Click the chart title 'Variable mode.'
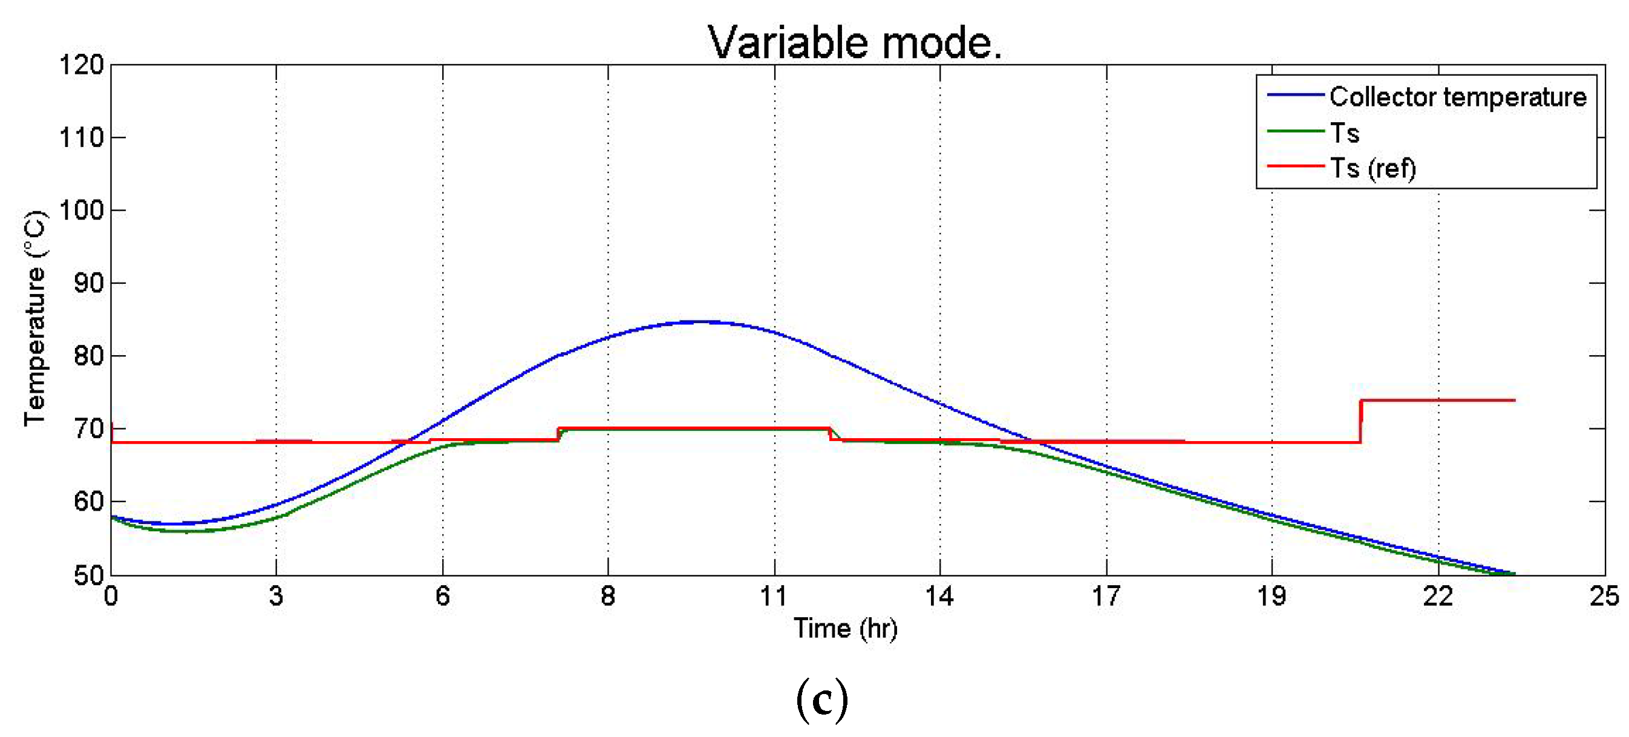tap(854, 43)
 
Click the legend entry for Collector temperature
tap(1458, 97)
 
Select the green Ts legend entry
tap(1345, 133)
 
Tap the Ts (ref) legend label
tap(1373, 168)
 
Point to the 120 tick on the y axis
tap(81, 65)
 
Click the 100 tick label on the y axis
tap(81, 210)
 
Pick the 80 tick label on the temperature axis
tap(88, 356)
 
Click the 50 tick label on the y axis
tap(88, 575)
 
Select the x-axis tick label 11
tap(774, 596)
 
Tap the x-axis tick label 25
tap(1604, 596)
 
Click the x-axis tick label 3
tap(276, 596)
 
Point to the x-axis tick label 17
tap(1106, 596)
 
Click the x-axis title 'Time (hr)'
tap(846, 629)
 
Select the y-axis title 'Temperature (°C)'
tap(34, 319)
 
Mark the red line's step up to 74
tap(1361, 421)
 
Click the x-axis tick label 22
tap(1438, 596)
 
